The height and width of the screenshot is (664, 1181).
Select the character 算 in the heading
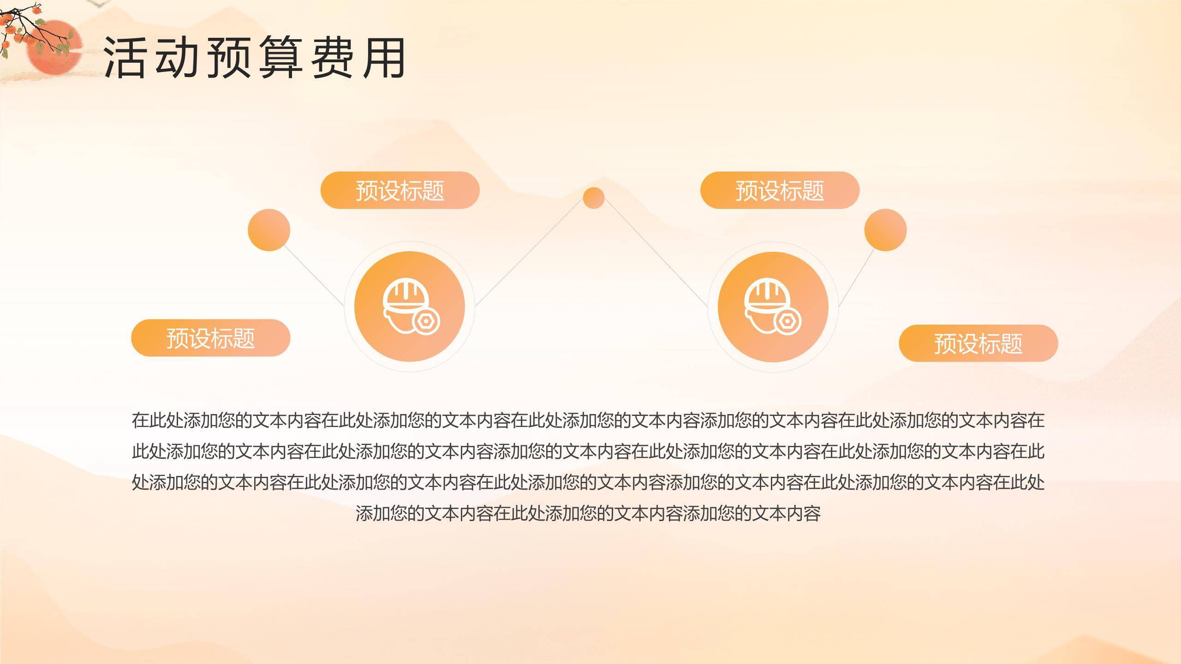(x=281, y=58)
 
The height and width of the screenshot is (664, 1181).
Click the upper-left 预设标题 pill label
(x=400, y=190)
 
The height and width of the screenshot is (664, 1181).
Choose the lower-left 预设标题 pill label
(x=211, y=338)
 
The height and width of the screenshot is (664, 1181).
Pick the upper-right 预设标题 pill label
(x=780, y=190)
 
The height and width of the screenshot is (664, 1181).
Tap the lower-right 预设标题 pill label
(x=978, y=343)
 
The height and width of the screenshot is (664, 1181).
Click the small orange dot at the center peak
(x=594, y=198)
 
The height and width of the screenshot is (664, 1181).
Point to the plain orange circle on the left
(x=269, y=230)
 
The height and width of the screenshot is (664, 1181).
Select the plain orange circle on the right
(x=885, y=230)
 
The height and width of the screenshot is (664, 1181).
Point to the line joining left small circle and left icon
(x=314, y=275)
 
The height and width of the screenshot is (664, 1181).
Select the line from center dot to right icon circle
(x=655, y=252)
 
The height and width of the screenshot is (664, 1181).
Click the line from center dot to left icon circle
(x=531, y=252)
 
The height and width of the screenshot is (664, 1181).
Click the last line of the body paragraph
(x=588, y=514)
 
